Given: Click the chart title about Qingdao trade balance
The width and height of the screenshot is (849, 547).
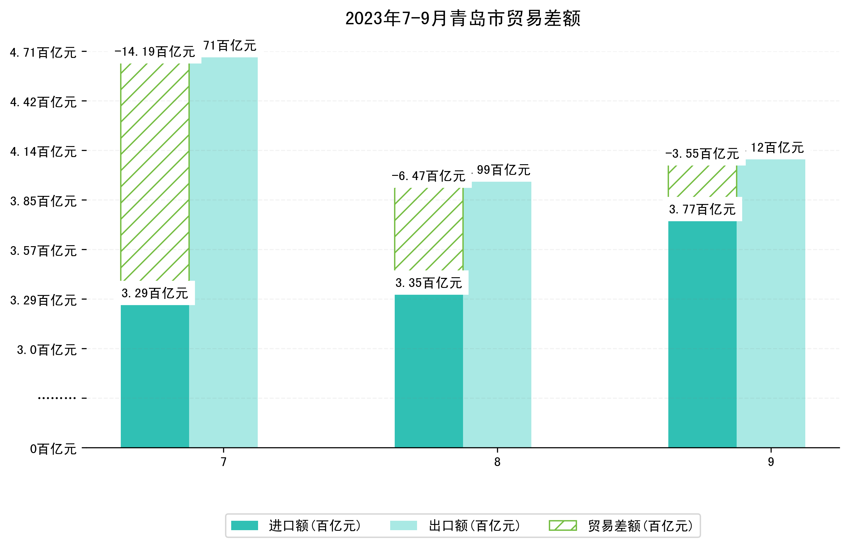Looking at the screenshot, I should click(462, 18).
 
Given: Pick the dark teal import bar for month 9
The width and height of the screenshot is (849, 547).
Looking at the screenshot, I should click(702, 334).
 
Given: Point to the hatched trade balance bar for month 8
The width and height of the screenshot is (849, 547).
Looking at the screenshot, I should click(428, 229).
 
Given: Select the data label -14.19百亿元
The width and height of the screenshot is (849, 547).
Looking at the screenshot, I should click(154, 52).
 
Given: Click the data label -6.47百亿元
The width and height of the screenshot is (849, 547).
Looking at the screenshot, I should click(428, 176).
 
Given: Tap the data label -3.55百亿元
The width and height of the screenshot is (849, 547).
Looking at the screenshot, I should click(702, 154).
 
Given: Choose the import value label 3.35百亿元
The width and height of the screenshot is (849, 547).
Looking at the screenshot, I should click(429, 283).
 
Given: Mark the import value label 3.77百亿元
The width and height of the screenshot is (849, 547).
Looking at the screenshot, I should click(702, 210).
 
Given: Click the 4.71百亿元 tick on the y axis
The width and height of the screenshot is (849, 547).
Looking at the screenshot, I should click(43, 52).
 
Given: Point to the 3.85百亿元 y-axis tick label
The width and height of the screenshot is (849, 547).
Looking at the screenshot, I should click(43, 201).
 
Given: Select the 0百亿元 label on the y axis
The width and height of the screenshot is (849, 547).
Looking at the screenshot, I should click(53, 449).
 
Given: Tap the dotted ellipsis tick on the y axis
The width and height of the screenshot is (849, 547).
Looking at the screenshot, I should click(57, 398).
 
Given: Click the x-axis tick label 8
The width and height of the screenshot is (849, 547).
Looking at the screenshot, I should click(497, 462).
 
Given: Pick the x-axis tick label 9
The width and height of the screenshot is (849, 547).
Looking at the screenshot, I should click(771, 462).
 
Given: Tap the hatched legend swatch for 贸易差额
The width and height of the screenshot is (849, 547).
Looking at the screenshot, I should click(562, 526).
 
